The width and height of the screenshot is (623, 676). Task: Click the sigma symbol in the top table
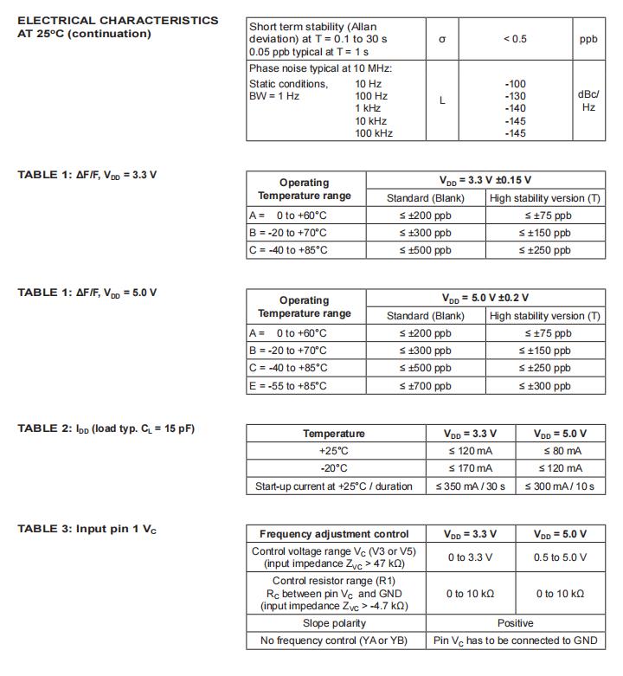(x=442, y=39)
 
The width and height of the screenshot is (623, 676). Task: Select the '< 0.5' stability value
(x=515, y=39)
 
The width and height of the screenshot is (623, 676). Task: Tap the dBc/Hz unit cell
(x=588, y=100)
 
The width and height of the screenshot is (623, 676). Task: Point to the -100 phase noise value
(x=515, y=84)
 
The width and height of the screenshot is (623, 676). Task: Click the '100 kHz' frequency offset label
(x=374, y=133)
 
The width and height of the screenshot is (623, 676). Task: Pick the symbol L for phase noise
(x=442, y=100)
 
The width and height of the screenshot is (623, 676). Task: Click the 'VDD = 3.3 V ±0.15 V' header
(x=484, y=181)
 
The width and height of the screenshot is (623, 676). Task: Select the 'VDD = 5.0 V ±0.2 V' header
(x=484, y=299)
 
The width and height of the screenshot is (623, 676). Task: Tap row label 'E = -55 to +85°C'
(x=288, y=386)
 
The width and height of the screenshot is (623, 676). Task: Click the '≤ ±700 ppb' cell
(x=425, y=386)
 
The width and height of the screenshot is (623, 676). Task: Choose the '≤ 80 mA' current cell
(x=562, y=451)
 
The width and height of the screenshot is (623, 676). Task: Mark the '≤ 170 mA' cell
(x=471, y=468)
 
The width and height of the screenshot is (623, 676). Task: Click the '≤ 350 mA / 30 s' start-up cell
(x=471, y=486)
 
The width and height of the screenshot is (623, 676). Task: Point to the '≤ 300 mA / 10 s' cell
(x=561, y=486)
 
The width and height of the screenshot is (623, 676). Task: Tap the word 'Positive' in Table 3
(x=516, y=623)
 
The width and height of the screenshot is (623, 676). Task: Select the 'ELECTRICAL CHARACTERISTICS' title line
(x=118, y=20)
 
